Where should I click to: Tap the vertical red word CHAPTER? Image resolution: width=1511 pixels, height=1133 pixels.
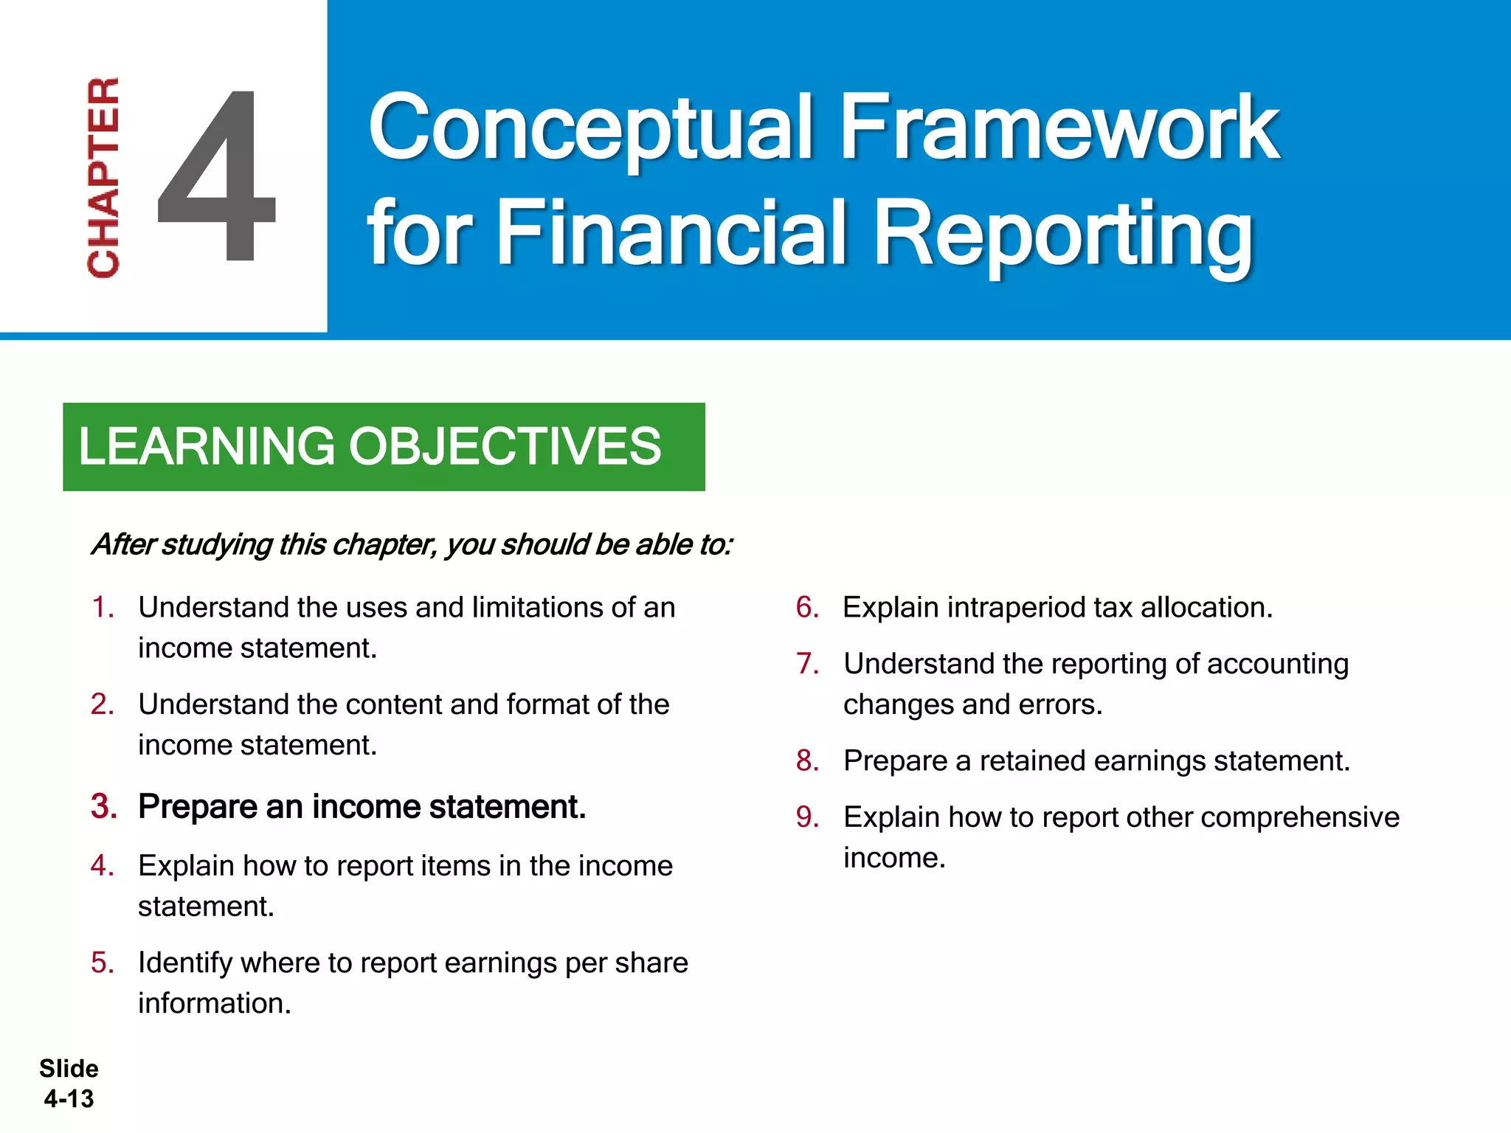(x=103, y=177)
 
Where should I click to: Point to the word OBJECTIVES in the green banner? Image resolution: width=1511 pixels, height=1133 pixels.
(x=505, y=446)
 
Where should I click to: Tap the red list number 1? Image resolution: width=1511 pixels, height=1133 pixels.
(x=103, y=607)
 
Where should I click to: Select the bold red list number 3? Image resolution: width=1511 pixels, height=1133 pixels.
(x=104, y=806)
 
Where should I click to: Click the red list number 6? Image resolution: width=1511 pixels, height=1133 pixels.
(x=807, y=607)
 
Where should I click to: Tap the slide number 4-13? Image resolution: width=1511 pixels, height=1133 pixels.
(x=69, y=1098)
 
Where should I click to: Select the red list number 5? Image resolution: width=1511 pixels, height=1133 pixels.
(x=103, y=963)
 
